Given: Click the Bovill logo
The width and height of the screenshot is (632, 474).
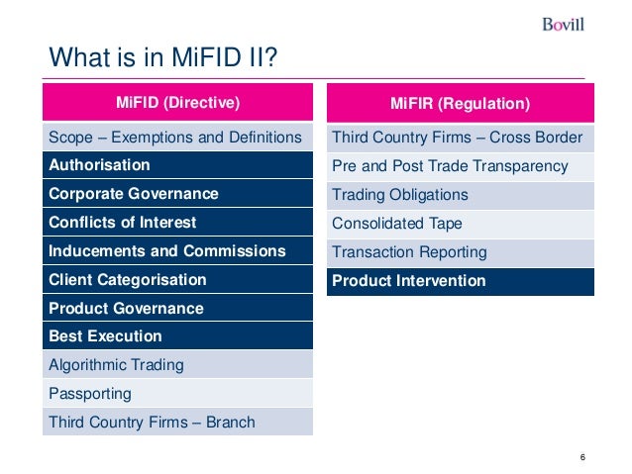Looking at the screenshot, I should pyautogui.click(x=563, y=24).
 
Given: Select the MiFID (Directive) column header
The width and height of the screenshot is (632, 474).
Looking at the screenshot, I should pyautogui.click(x=178, y=103).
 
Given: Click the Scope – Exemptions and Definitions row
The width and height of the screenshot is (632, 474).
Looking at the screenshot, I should pyautogui.click(x=178, y=138).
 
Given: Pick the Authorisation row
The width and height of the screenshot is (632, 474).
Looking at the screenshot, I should pyautogui.click(x=178, y=165).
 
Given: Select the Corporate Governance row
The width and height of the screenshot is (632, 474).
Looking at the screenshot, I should pyautogui.click(x=178, y=194).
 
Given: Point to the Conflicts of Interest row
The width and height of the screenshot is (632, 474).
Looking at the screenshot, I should pyautogui.click(x=178, y=223).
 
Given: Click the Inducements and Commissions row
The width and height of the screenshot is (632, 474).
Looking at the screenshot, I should pyautogui.click(x=178, y=251).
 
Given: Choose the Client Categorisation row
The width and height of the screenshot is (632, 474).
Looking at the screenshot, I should pyautogui.click(x=178, y=280).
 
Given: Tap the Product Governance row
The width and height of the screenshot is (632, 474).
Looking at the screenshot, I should pyautogui.click(x=178, y=309).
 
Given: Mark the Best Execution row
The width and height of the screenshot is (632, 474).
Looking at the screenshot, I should pyautogui.click(x=178, y=336).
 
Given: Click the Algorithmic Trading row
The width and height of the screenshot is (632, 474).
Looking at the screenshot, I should pyautogui.click(x=178, y=365).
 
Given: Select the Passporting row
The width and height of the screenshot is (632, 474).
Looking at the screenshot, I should pyautogui.click(x=178, y=394).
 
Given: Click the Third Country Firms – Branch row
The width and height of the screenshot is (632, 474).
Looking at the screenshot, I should pyautogui.click(x=178, y=423).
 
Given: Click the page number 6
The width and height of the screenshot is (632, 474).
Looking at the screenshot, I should pyautogui.click(x=583, y=456).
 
